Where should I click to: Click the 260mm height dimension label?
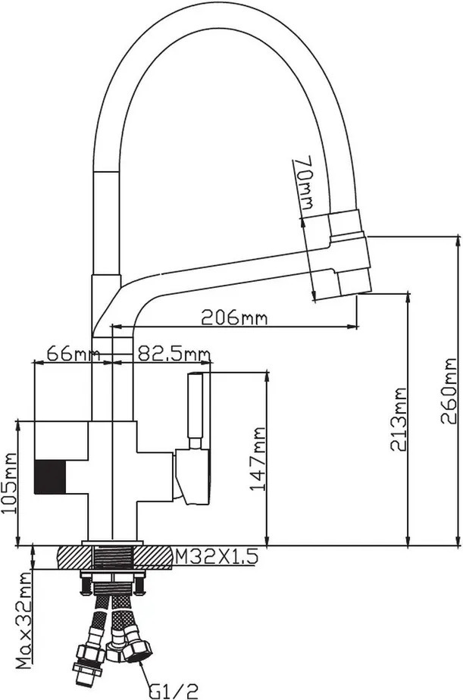click(449, 391)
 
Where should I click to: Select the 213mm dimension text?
click(399, 419)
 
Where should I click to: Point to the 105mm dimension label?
click(8, 483)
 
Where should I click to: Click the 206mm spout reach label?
click(234, 317)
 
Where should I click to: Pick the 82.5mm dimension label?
click(174, 354)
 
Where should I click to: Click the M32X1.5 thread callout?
click(216, 557)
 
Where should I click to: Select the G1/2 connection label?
click(174, 691)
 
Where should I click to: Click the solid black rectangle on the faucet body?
click(50, 477)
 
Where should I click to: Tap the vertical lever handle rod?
click(195, 406)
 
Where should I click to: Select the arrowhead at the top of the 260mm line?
click(458, 239)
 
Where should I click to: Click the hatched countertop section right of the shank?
click(152, 558)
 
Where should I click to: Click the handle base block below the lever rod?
click(192, 477)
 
